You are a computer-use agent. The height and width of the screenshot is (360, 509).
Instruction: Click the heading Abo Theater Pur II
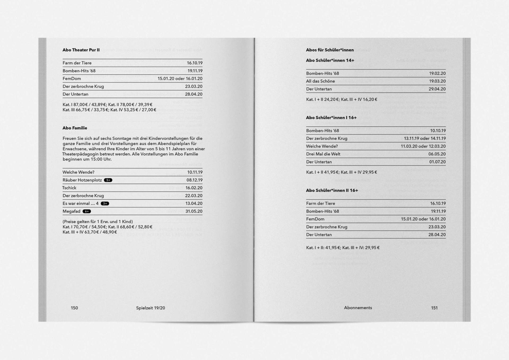coord(81,50)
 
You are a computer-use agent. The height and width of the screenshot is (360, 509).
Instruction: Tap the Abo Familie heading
coord(75,128)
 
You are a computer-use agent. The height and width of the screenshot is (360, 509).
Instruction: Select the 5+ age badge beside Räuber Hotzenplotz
coord(108,180)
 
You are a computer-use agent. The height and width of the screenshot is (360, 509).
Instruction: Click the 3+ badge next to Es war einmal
coord(105,204)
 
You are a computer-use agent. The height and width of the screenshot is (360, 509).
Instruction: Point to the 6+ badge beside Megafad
coord(87,211)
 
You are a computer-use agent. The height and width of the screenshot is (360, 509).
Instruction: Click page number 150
coord(74,308)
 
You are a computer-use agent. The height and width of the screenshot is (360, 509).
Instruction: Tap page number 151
coord(434,308)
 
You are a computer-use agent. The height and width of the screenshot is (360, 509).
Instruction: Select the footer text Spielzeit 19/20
coord(150,308)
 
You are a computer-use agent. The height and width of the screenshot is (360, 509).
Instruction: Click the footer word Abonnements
coord(358,308)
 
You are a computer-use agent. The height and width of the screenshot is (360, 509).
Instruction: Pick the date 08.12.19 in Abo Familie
coord(194,180)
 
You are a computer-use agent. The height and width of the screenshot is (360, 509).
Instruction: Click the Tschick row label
coord(69,188)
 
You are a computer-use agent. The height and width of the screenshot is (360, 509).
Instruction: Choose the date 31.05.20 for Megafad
coord(194,211)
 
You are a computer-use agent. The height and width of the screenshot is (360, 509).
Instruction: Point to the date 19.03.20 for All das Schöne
coord(437,81)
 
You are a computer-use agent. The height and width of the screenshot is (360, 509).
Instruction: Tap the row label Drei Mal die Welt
coord(323,154)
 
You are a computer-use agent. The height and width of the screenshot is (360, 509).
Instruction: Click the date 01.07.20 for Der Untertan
coord(437,162)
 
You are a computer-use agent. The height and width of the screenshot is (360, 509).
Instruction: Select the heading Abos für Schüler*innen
coord(330,50)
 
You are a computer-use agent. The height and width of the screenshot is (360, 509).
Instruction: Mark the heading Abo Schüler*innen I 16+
coord(331,117)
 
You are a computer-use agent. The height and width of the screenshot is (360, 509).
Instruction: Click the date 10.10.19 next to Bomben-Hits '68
coord(438,130)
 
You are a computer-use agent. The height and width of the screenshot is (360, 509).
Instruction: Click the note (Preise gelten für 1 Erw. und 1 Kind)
coord(98,222)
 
